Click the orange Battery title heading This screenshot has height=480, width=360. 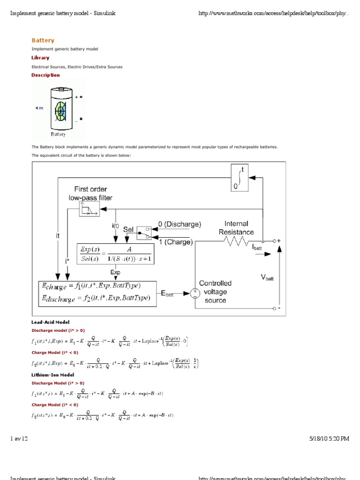[x=43, y=40]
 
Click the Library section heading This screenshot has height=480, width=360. [x=40, y=58]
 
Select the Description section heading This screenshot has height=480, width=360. [x=45, y=75]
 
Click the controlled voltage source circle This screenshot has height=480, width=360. [x=194, y=293]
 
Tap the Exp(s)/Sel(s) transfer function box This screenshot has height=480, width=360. [x=115, y=254]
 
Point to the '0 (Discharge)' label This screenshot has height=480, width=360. [x=180, y=225]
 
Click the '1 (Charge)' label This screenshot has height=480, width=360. [x=175, y=242]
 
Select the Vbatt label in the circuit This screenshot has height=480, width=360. [x=267, y=277]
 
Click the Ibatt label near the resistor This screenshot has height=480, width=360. [x=257, y=246]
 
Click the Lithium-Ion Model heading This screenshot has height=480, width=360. [x=52, y=375]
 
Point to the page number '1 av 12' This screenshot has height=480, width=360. [x=19, y=439]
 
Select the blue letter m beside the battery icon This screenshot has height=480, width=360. [x=41, y=108]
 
